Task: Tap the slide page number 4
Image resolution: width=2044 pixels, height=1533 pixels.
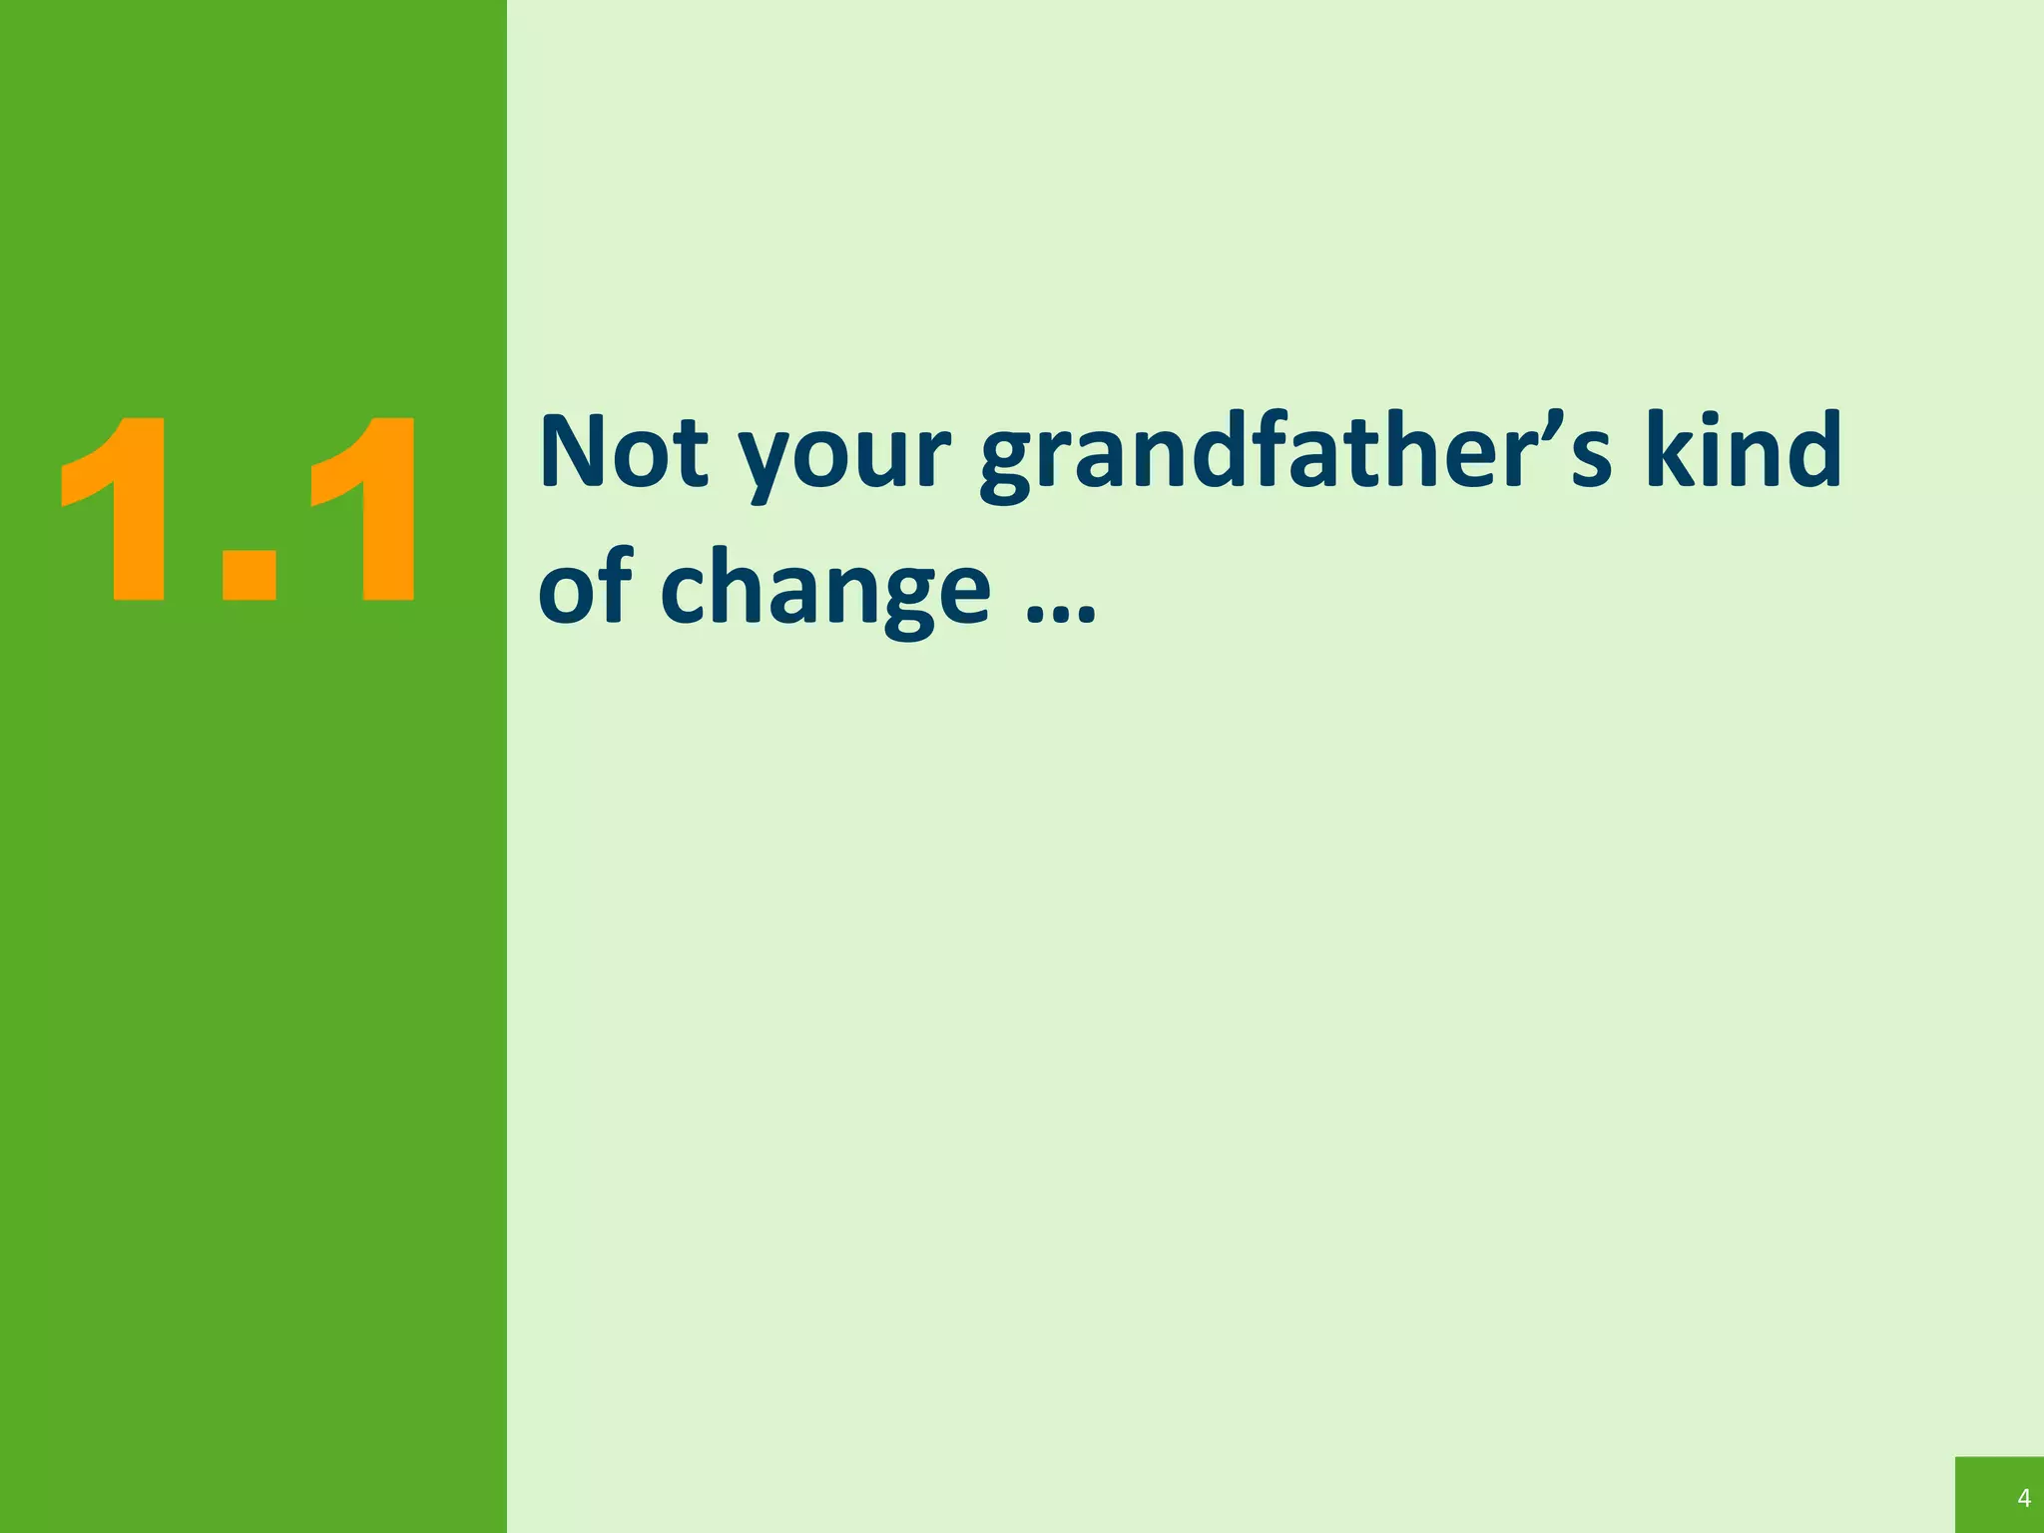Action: point(2024,1498)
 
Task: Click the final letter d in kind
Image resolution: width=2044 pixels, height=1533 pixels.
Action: point(1810,449)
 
